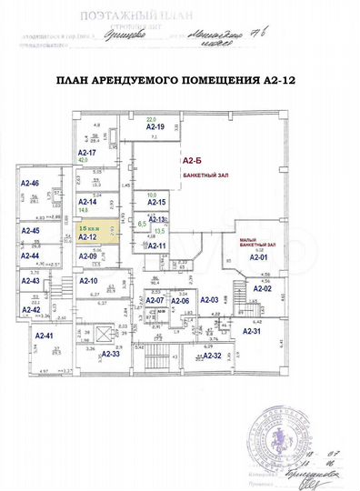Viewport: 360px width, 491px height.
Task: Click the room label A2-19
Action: (x=155, y=129)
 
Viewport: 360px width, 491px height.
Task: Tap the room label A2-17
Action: (x=86, y=152)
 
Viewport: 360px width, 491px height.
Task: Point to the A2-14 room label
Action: (x=88, y=201)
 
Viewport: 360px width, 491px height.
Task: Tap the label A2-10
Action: (x=88, y=293)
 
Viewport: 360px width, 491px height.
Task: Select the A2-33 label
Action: (x=111, y=353)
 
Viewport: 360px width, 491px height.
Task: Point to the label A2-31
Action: (x=252, y=331)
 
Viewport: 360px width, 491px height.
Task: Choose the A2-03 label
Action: (x=209, y=299)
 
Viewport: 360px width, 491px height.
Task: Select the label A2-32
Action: (x=212, y=354)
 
